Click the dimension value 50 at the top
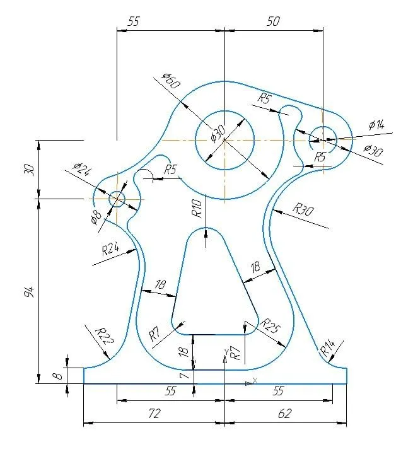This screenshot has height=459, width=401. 274,21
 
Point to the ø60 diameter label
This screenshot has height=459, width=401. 171,81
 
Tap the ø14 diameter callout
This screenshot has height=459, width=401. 376,125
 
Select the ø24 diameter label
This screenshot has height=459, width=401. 82,170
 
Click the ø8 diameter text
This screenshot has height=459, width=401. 96,218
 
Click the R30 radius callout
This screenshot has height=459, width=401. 303,209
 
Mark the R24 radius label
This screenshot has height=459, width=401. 110,249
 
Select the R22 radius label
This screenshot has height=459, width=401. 105,335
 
